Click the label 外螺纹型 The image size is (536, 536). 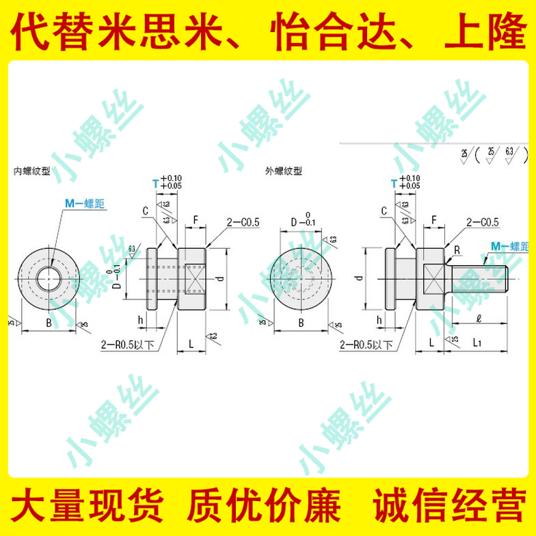[x=282, y=171]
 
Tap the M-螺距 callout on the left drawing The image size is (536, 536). [x=86, y=203]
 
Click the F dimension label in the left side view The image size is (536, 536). [x=196, y=220]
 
